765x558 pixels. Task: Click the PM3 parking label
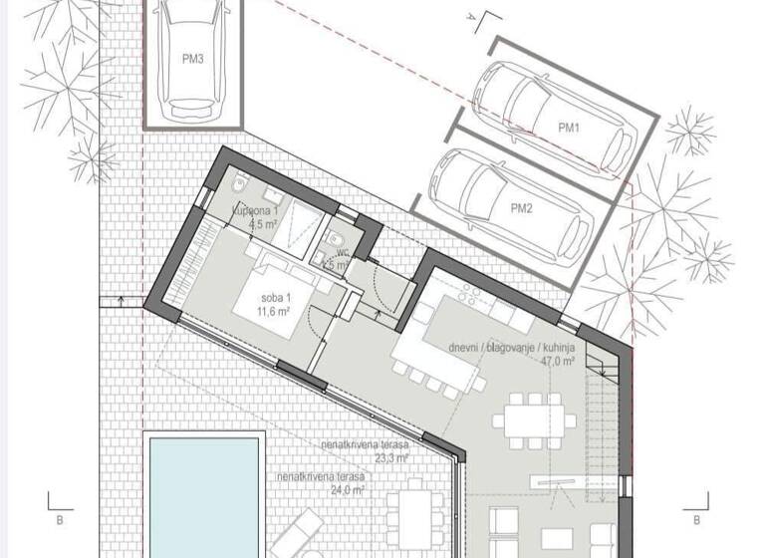click(x=193, y=60)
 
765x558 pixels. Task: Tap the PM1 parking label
click(x=569, y=128)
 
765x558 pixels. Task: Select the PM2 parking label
click(x=523, y=207)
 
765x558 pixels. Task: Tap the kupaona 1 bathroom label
click(x=256, y=211)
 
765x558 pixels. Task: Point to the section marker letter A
click(x=469, y=16)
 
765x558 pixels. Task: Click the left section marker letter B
click(x=59, y=519)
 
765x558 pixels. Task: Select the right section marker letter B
click(x=696, y=519)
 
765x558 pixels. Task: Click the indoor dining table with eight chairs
click(x=534, y=418)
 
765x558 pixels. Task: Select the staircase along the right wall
click(x=602, y=428)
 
